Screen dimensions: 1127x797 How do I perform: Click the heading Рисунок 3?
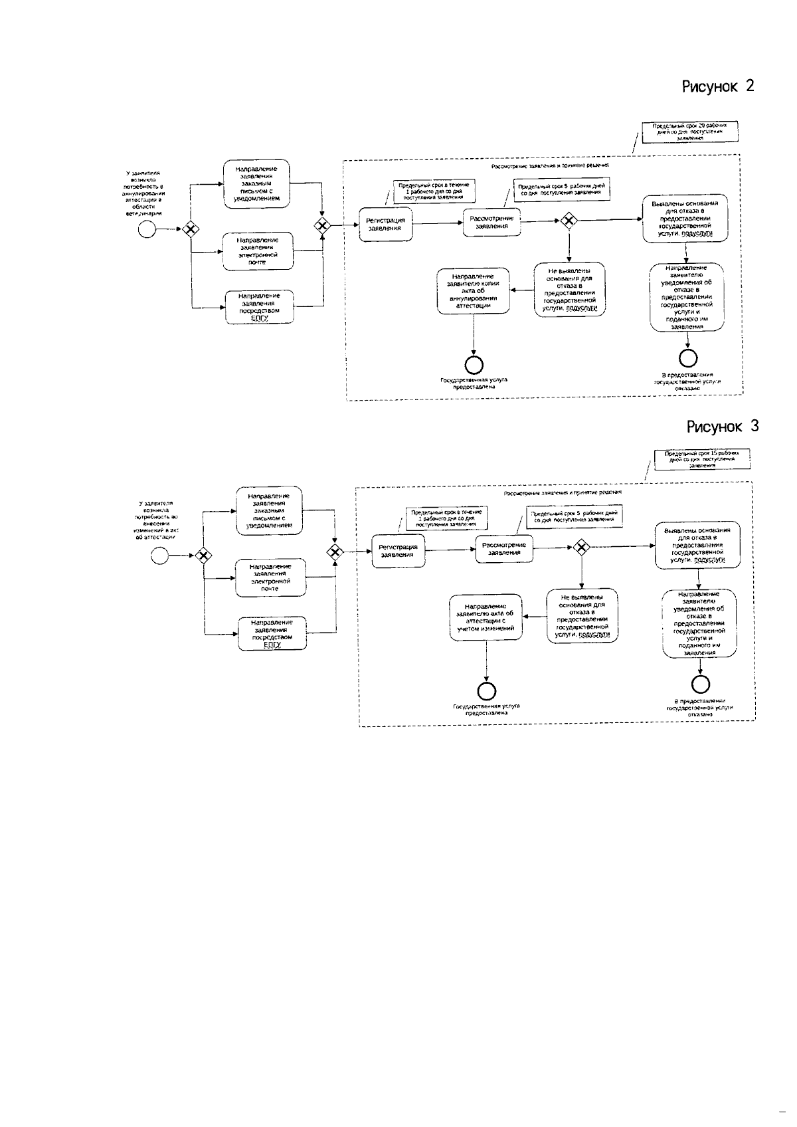[722, 427]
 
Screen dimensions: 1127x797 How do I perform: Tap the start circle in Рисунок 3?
[159, 556]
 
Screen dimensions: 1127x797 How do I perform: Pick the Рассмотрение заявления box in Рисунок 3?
[504, 548]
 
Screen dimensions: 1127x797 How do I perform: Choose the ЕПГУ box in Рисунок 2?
[259, 307]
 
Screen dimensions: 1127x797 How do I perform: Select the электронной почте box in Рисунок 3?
[270, 577]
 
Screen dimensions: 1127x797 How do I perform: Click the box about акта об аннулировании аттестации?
[473, 290]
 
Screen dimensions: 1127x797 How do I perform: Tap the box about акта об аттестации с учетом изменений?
[486, 617]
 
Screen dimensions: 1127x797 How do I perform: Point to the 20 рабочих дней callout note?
[693, 130]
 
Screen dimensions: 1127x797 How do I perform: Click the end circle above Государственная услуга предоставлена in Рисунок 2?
[474, 364]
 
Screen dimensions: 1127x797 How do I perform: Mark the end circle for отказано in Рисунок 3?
[701, 684]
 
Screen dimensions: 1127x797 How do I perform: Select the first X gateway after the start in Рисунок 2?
[191, 229]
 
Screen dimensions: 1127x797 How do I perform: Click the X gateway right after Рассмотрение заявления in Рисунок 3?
[582, 548]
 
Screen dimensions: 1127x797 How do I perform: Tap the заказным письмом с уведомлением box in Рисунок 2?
[257, 183]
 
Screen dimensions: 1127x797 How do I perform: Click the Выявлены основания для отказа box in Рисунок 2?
[685, 219]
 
